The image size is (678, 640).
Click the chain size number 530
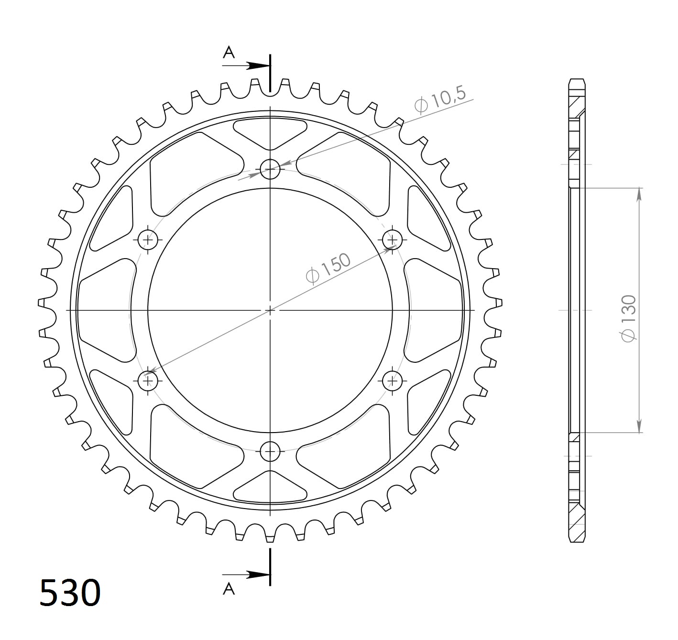[70, 593]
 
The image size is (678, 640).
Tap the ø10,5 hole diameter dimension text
[440, 100]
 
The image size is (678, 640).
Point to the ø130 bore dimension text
[629, 318]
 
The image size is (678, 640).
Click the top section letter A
[229, 52]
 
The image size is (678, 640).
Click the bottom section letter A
[229, 589]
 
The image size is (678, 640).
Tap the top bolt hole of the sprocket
[270, 168]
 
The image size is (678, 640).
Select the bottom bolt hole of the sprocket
[270, 451]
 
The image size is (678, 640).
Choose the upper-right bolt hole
[393, 239]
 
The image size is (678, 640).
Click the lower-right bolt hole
[393, 380]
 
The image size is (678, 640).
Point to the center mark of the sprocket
[270, 310]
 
